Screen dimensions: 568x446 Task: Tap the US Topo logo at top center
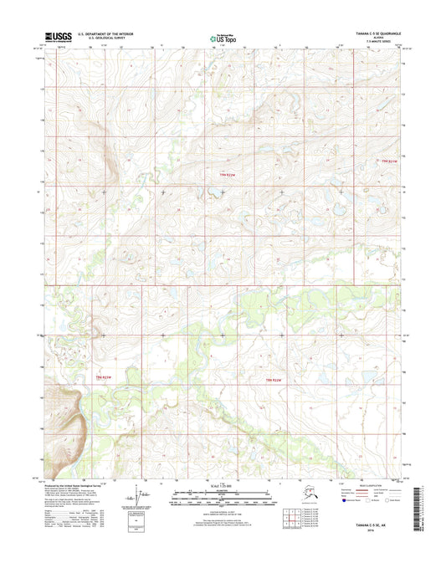pos(222,38)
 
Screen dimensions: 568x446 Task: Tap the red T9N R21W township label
pos(382,161)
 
